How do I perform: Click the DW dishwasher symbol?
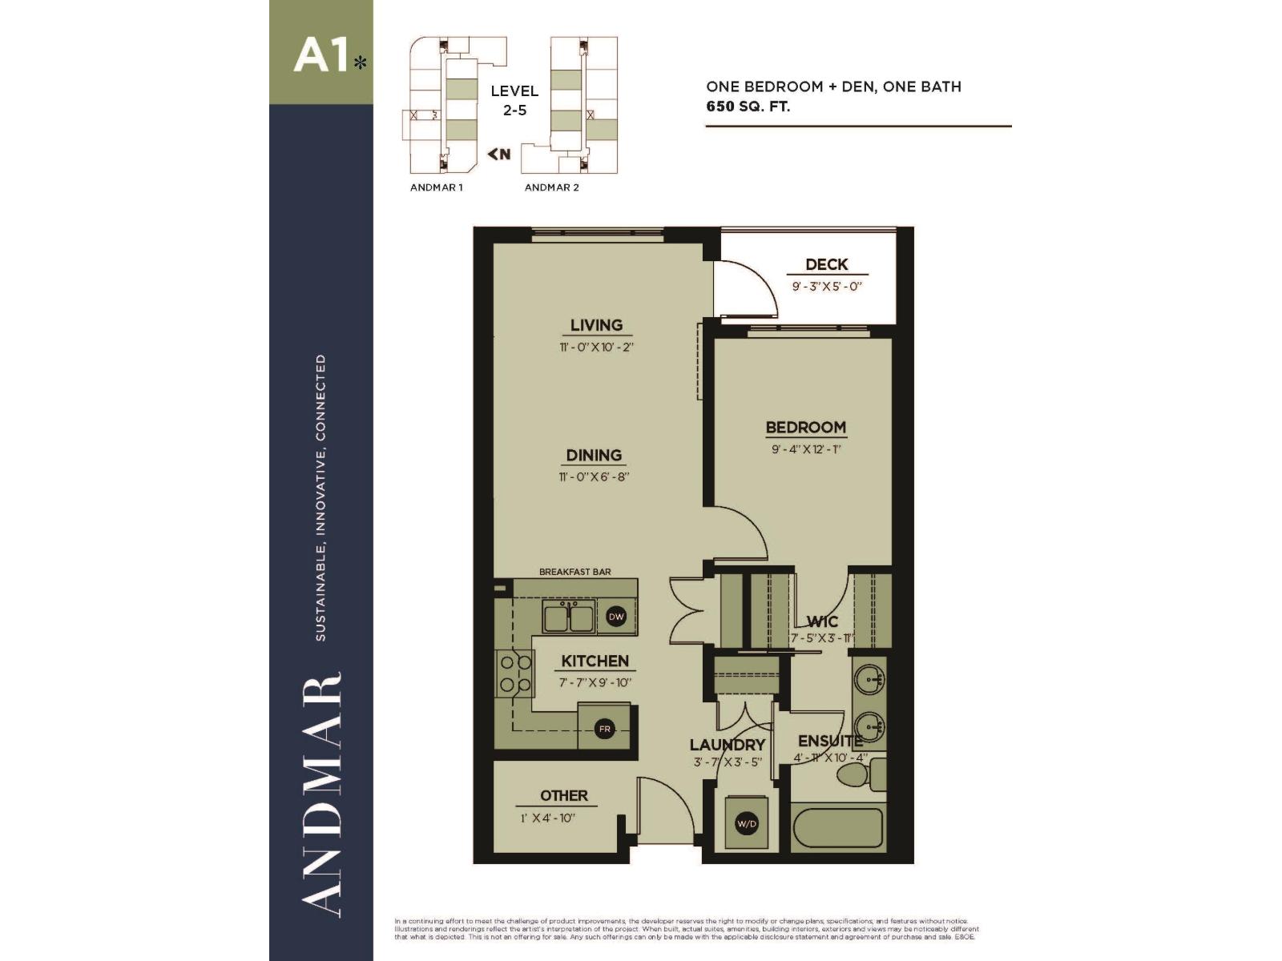616,617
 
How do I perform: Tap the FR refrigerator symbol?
605,729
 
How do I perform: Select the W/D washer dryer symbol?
746,823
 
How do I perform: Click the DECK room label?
826,264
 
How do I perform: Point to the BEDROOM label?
805,428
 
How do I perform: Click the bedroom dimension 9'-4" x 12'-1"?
805,449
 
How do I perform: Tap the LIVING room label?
596,325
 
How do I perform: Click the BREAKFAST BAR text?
574,572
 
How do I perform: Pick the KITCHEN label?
595,661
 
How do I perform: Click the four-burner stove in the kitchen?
515,674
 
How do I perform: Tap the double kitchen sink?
569,617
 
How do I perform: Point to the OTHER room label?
563,796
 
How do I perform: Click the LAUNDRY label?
728,745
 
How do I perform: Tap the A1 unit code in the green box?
320,56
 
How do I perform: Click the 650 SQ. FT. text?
748,106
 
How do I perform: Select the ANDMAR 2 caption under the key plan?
551,187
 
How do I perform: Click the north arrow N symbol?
499,154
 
